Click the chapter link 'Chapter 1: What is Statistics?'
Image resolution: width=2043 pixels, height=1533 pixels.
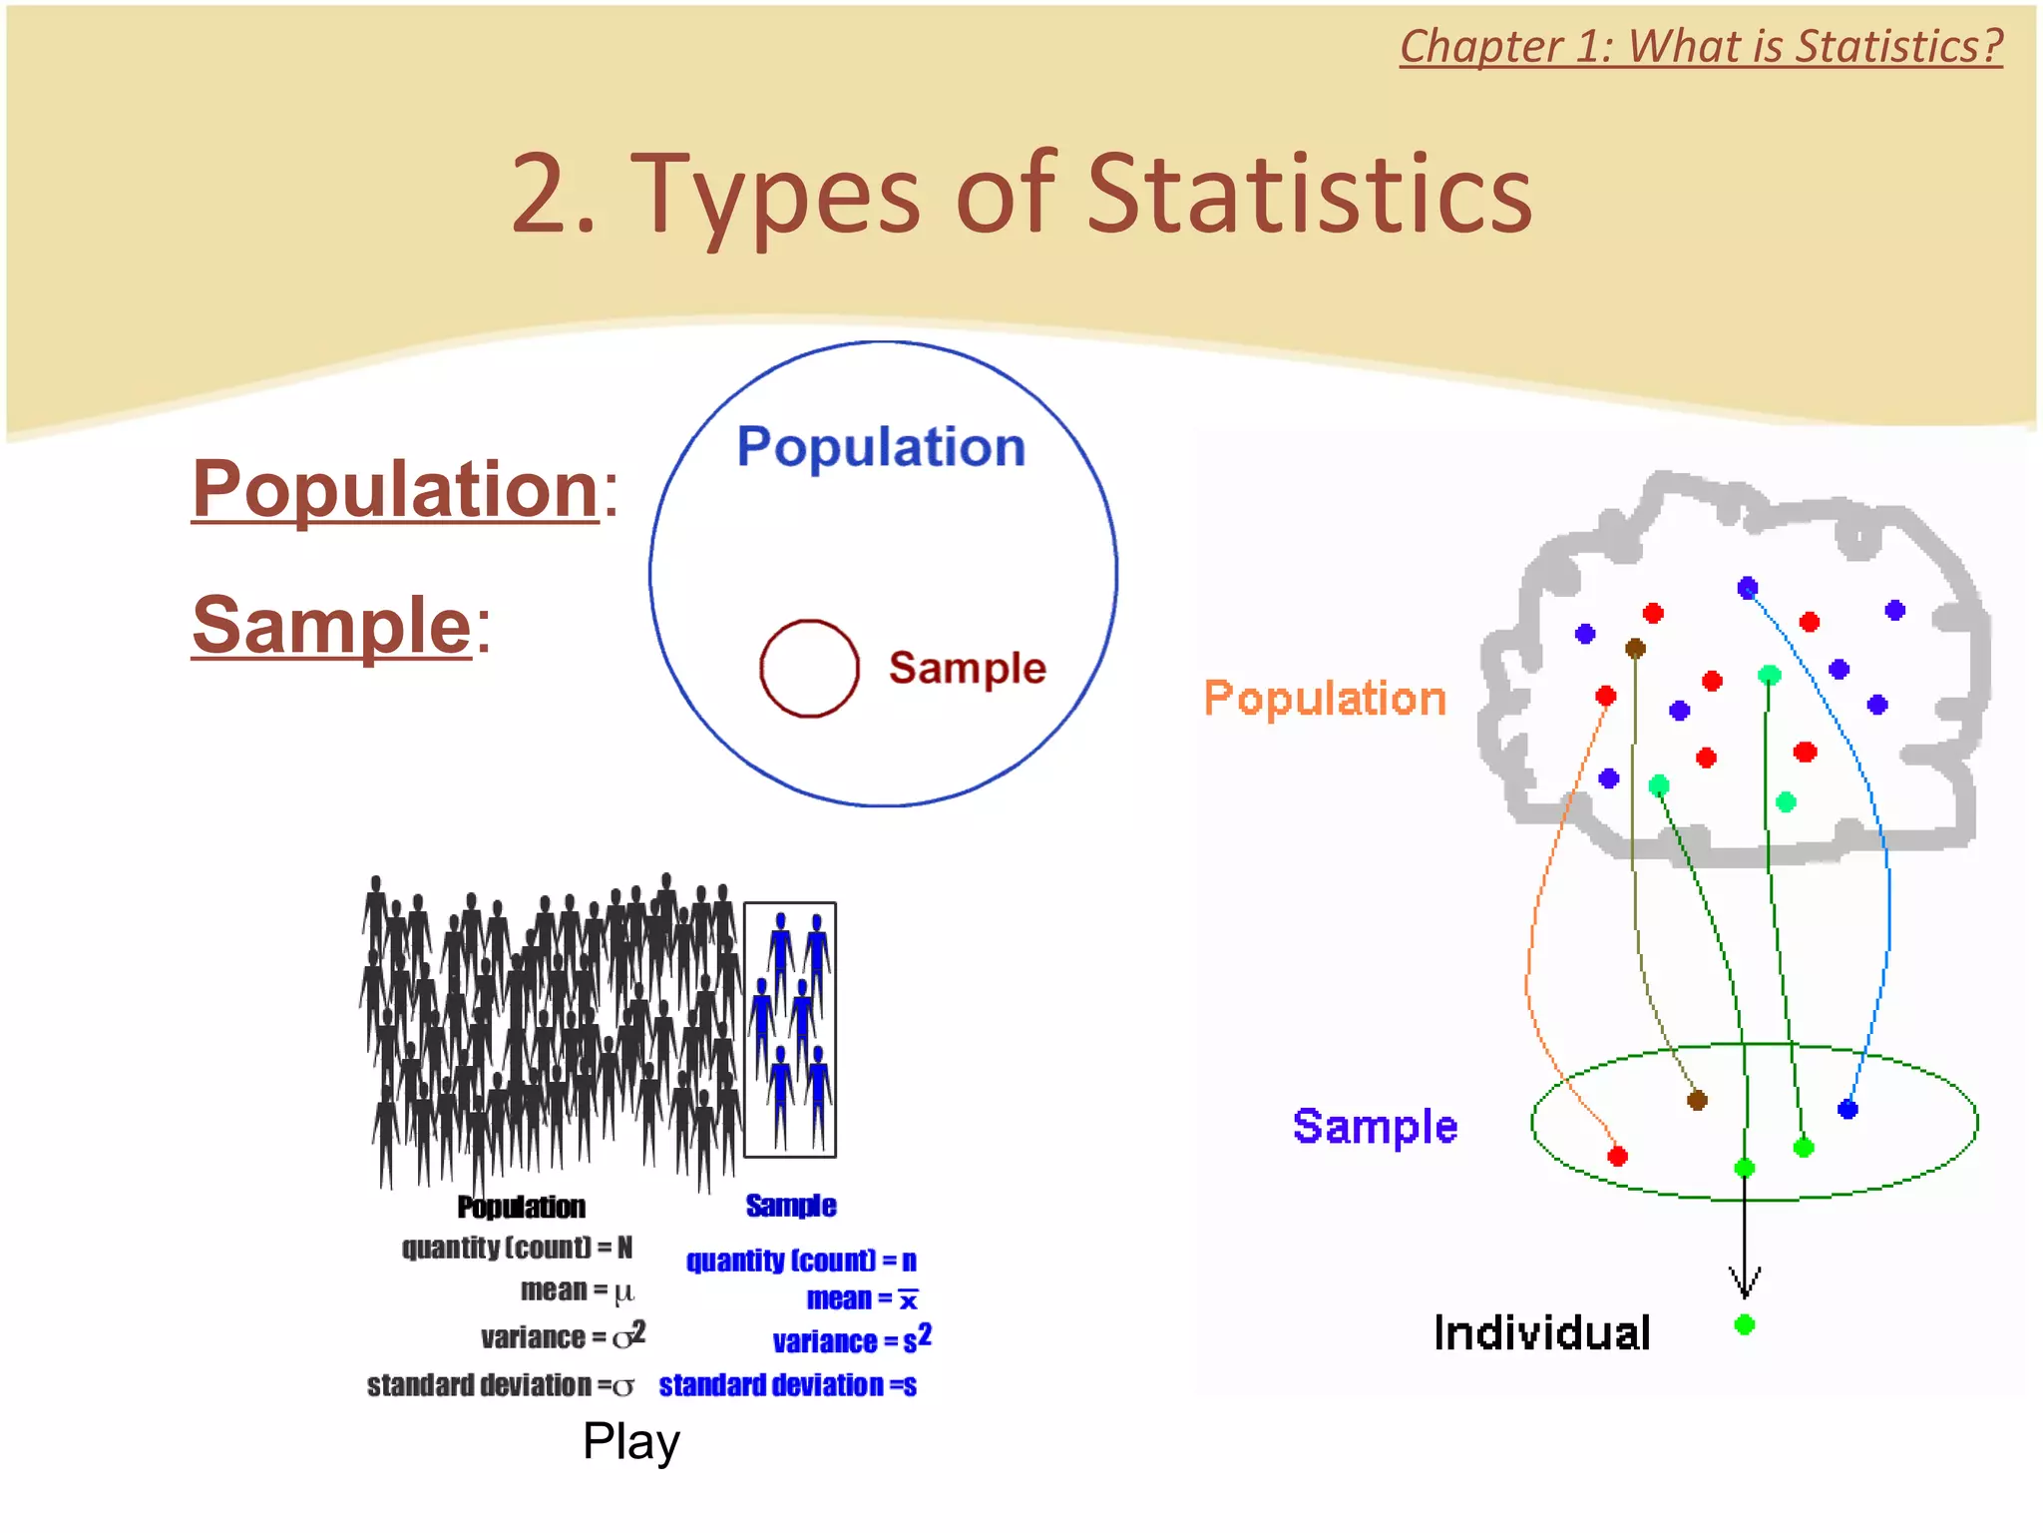click(x=1700, y=47)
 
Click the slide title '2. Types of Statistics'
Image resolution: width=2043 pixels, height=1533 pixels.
click(x=1021, y=194)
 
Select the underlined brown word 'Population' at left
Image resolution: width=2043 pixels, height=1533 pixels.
click(x=395, y=489)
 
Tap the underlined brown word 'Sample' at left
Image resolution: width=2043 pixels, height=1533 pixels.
click(x=331, y=626)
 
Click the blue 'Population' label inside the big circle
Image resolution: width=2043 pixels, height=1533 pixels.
click(x=881, y=447)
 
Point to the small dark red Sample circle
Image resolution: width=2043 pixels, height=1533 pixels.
click(x=809, y=669)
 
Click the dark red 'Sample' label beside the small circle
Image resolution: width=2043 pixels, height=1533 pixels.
click(x=967, y=668)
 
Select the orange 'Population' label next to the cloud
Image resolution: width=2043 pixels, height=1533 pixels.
click(x=1324, y=698)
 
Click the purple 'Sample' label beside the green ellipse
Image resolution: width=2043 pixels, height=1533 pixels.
click(x=1375, y=1127)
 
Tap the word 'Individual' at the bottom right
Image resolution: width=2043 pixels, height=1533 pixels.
click(x=1541, y=1333)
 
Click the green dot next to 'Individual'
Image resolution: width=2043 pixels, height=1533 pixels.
click(x=1745, y=1325)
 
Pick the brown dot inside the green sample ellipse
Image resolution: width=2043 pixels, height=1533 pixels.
click(x=1697, y=1101)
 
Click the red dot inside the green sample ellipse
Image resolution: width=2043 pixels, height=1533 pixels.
click(x=1618, y=1156)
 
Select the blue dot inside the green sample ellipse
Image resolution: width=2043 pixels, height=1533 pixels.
click(x=1847, y=1109)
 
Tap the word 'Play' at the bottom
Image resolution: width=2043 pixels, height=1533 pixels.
click(x=631, y=1441)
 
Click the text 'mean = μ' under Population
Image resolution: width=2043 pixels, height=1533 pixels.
click(x=577, y=1291)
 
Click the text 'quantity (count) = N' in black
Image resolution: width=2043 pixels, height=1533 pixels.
click(x=517, y=1248)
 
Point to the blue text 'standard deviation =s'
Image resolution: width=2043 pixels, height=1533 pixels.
click(x=787, y=1385)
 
